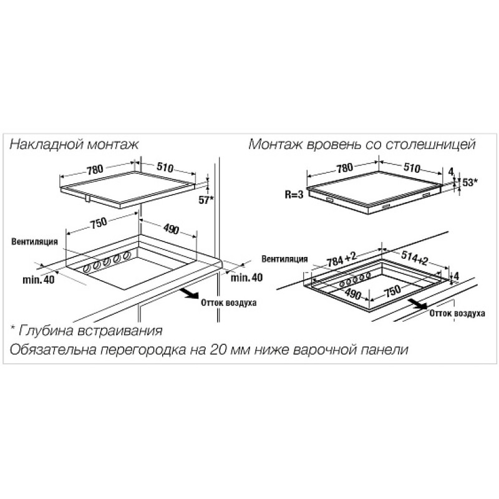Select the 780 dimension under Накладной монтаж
[95, 169]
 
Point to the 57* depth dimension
[206, 200]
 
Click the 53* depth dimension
[470, 182]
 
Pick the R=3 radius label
[294, 195]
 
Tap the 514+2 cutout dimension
[414, 257]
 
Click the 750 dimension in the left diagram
[99, 223]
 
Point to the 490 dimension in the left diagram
[171, 228]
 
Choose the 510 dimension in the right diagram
[412, 168]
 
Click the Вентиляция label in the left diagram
[35, 241]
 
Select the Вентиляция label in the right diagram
[284, 259]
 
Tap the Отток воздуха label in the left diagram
[228, 303]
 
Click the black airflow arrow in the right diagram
[418, 304]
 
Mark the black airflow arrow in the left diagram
[190, 293]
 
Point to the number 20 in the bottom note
[218, 350]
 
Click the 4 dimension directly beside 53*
[450, 172]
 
